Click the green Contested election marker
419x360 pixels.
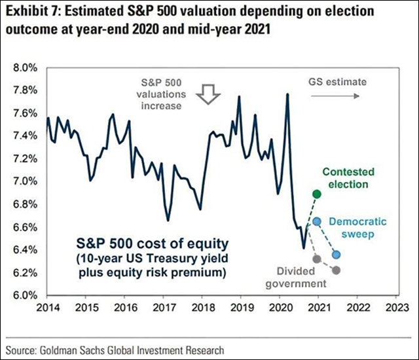[x=318, y=194]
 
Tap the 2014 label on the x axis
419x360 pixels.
[x=47, y=307]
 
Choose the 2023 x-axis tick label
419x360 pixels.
[x=395, y=307]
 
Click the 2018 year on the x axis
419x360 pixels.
[x=202, y=307]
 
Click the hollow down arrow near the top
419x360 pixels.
[x=211, y=93]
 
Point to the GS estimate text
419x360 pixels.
[x=337, y=82]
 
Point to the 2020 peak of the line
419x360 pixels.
[x=287, y=95]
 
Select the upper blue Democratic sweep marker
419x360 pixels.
[x=317, y=222]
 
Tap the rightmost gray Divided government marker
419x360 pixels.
[x=337, y=270]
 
